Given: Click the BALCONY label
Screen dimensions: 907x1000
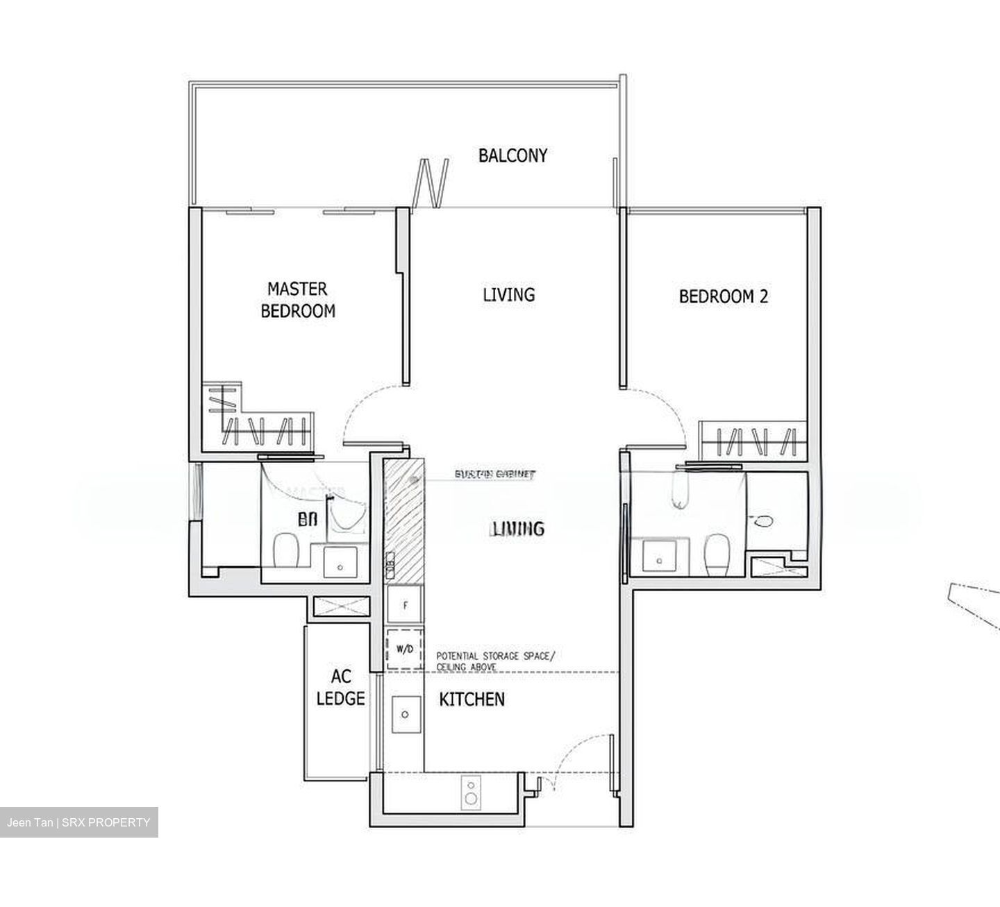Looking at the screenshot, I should [512, 155].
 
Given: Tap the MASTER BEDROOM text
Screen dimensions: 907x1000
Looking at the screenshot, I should [297, 300].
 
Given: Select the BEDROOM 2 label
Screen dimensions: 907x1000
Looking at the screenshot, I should [723, 297].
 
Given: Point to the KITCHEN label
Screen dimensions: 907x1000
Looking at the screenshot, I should [472, 700].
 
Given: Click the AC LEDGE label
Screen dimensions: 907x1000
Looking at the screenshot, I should [340, 687].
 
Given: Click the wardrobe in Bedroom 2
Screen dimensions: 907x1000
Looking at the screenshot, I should [753, 440].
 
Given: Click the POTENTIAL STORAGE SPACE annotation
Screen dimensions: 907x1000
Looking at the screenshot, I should [495, 661].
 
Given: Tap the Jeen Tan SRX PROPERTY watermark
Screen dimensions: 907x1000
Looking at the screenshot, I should [78, 822].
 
